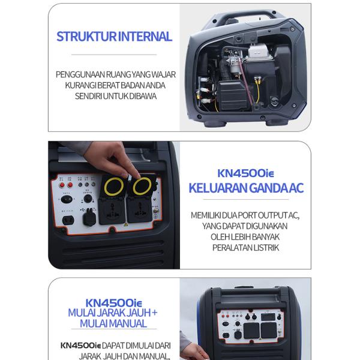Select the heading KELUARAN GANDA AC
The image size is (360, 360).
click(x=246, y=188)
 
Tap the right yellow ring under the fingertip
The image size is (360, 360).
click(x=142, y=187)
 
